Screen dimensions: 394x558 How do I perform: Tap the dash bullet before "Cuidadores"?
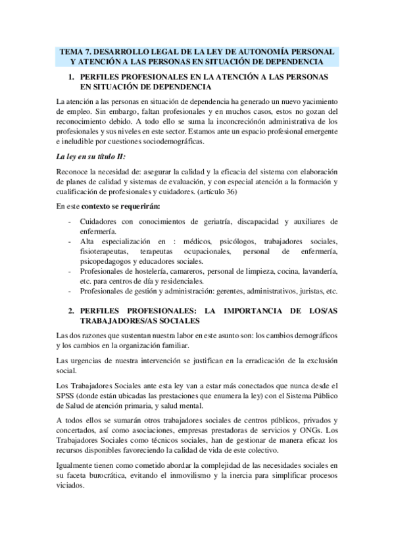tap(70, 222)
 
